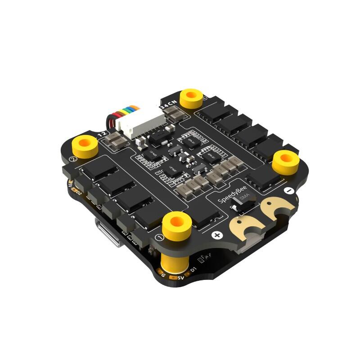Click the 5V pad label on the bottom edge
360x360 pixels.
pyautogui.click(x=181, y=278)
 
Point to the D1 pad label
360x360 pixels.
pyautogui.click(x=193, y=270)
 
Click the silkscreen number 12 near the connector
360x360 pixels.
pyautogui.click(x=103, y=134)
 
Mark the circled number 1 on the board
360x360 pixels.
pyautogui.click(x=157, y=237)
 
